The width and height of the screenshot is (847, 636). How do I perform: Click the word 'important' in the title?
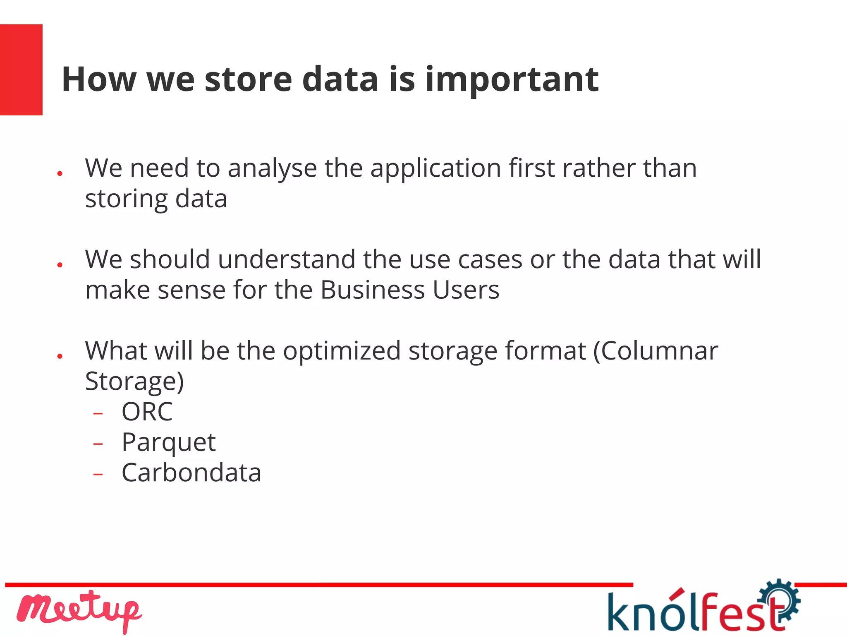pos(512,79)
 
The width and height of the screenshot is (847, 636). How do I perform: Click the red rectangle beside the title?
pos(21,70)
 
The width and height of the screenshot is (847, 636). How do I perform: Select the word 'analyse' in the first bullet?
pos(272,169)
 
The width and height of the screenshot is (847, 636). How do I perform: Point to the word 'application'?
pos(435,169)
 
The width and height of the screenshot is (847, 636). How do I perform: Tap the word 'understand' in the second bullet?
pos(287,260)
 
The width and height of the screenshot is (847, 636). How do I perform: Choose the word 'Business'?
pos(372,290)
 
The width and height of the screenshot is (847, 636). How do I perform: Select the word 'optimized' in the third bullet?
pos(342,351)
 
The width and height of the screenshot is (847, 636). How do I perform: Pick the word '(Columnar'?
pos(656,351)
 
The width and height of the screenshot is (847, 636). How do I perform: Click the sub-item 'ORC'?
pos(147,412)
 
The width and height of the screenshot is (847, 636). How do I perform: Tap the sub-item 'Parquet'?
pos(168,443)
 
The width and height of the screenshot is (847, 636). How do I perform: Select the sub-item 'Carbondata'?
pos(191,473)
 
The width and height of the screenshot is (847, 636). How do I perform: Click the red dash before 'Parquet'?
pos(98,444)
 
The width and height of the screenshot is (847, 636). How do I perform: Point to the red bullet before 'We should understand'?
pos(60,264)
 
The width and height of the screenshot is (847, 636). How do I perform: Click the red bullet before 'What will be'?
pos(60,356)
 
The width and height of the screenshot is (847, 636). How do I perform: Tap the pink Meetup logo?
pos(79,610)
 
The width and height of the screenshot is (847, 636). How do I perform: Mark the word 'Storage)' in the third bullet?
pos(134,382)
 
